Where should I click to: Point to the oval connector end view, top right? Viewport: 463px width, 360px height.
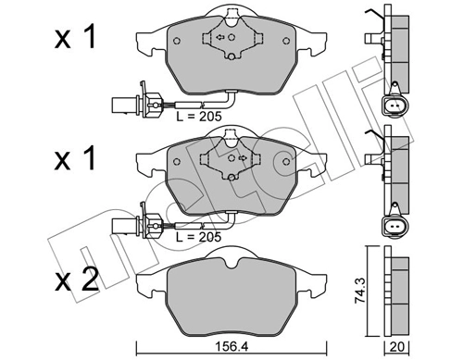tap(394, 106)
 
